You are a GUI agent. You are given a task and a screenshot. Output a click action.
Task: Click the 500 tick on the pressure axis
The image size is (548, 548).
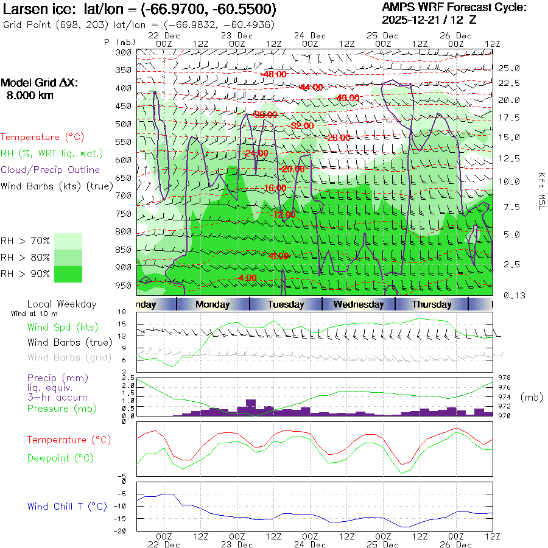(x=124, y=124)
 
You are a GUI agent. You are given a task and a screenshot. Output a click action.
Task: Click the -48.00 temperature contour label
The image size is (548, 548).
(x=273, y=74)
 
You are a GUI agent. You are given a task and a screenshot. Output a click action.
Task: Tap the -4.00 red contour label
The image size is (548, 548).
(x=247, y=278)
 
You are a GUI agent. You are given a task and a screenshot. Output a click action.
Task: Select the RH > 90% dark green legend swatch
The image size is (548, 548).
(x=68, y=274)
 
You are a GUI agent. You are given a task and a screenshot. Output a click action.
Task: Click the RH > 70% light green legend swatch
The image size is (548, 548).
(x=68, y=241)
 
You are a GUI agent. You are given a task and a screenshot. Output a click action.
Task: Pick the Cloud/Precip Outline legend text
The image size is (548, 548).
(x=51, y=170)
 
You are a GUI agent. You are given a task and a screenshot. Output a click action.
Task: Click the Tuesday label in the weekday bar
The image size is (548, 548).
(x=286, y=304)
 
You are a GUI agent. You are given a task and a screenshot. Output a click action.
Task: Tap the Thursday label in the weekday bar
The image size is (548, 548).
(x=432, y=304)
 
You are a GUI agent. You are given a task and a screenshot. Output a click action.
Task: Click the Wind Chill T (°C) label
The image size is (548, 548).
(x=67, y=507)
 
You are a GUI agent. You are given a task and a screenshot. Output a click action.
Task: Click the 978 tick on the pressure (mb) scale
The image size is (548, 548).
(x=505, y=378)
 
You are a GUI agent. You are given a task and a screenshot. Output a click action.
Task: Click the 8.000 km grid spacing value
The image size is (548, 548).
(x=30, y=96)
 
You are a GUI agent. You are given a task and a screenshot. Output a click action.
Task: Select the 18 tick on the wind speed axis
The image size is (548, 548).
(x=121, y=312)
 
